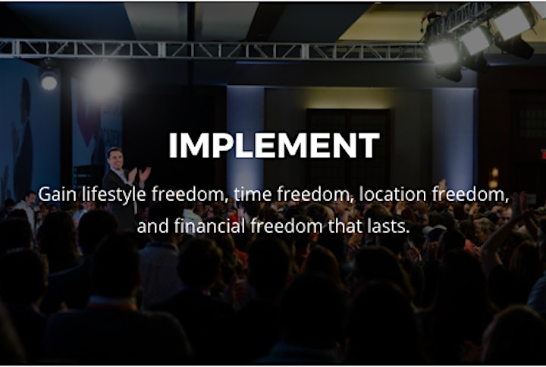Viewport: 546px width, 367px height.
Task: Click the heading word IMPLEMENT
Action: (x=274, y=145)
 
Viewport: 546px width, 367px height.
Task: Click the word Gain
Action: (x=57, y=194)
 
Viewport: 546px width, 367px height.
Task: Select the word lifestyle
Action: (x=114, y=195)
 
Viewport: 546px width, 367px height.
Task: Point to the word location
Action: (x=393, y=194)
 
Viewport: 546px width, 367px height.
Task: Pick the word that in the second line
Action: (x=346, y=226)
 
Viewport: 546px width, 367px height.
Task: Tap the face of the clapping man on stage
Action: (x=115, y=158)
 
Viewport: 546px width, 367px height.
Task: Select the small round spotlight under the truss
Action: (x=49, y=82)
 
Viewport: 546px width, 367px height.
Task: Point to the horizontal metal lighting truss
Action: (x=212, y=49)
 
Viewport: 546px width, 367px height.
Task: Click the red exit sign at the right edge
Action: (x=544, y=154)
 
